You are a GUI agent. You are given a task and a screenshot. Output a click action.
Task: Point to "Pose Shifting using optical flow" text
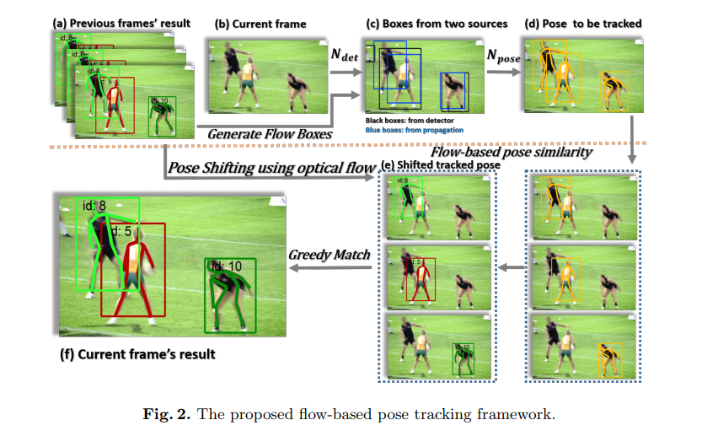pos(271,168)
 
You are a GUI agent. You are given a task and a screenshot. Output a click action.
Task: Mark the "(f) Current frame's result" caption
pos(136,354)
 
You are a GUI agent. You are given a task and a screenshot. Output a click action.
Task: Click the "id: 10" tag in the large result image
pos(226,266)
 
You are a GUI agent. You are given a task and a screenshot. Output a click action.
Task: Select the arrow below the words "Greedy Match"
pos(330,268)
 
